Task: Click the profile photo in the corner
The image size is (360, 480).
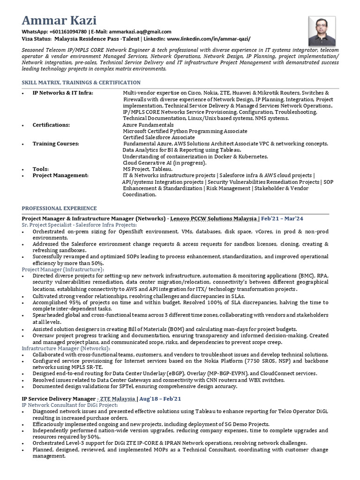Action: [x=322, y=31]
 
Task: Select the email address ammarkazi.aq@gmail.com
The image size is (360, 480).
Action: [x=131, y=31]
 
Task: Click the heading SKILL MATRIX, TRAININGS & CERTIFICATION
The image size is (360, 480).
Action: [x=81, y=82]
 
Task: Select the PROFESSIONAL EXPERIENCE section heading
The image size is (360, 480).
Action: [x=60, y=208]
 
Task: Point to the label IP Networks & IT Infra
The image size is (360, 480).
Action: [x=62, y=93]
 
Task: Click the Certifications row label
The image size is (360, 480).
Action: [x=51, y=125]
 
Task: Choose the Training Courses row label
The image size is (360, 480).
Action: [x=56, y=143]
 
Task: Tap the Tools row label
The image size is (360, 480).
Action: [x=40, y=169]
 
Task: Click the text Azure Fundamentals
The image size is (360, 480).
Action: [x=148, y=125]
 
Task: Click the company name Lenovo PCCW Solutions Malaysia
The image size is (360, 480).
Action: [x=213, y=218]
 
